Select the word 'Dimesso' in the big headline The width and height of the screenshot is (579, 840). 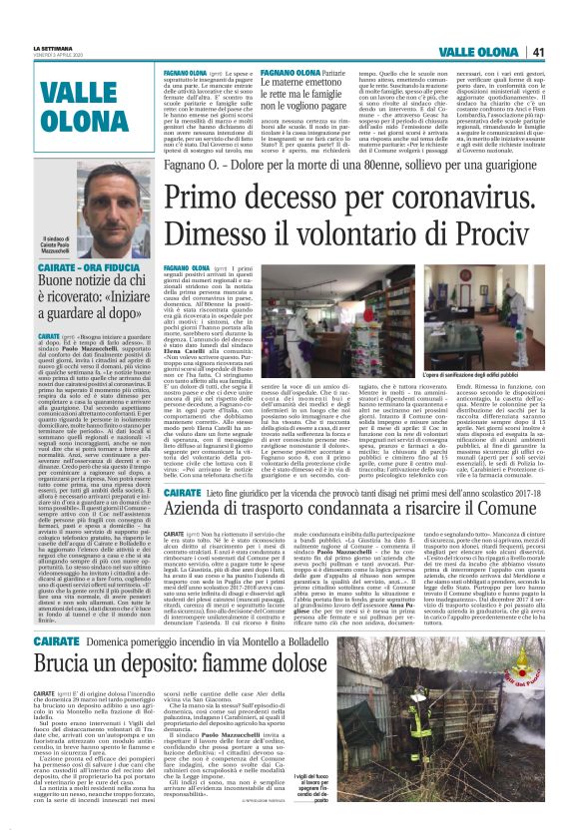click(212, 235)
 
